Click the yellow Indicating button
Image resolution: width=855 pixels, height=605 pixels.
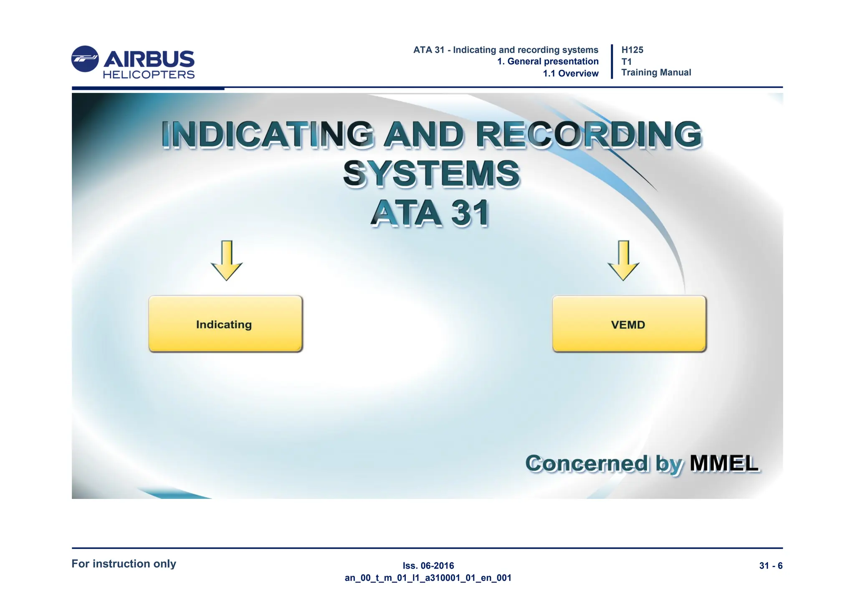[x=225, y=324]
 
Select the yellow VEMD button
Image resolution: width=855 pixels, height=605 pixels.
[x=629, y=324]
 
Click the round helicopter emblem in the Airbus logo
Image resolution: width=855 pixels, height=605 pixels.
[x=85, y=59]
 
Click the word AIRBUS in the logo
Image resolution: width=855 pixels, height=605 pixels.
[x=149, y=59]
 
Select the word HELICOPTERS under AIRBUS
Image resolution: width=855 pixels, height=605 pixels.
[x=149, y=75]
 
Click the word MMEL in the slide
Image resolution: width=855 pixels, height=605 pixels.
[x=723, y=463]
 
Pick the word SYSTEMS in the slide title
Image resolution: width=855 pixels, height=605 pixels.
[x=431, y=173]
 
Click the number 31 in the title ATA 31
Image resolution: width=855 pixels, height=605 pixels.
[x=470, y=213]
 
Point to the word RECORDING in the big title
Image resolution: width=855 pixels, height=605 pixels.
[x=589, y=135]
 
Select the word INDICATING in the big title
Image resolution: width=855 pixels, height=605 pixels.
[x=267, y=135]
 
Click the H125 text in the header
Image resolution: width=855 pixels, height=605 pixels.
[x=632, y=50]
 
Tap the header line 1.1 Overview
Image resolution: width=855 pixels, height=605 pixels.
[x=570, y=74]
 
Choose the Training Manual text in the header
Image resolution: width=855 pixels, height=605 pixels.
[x=656, y=73]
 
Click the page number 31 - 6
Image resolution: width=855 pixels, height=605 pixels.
[x=771, y=566]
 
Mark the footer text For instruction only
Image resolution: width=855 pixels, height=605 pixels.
[x=124, y=564]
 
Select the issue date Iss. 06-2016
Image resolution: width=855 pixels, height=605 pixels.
[x=428, y=566]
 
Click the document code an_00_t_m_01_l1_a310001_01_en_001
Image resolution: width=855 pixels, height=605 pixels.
[x=428, y=578]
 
